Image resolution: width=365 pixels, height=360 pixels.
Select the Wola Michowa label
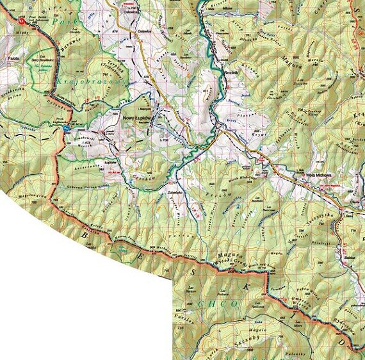pos(312,174)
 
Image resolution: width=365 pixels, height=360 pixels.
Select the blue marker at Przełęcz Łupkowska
pos(65,129)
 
